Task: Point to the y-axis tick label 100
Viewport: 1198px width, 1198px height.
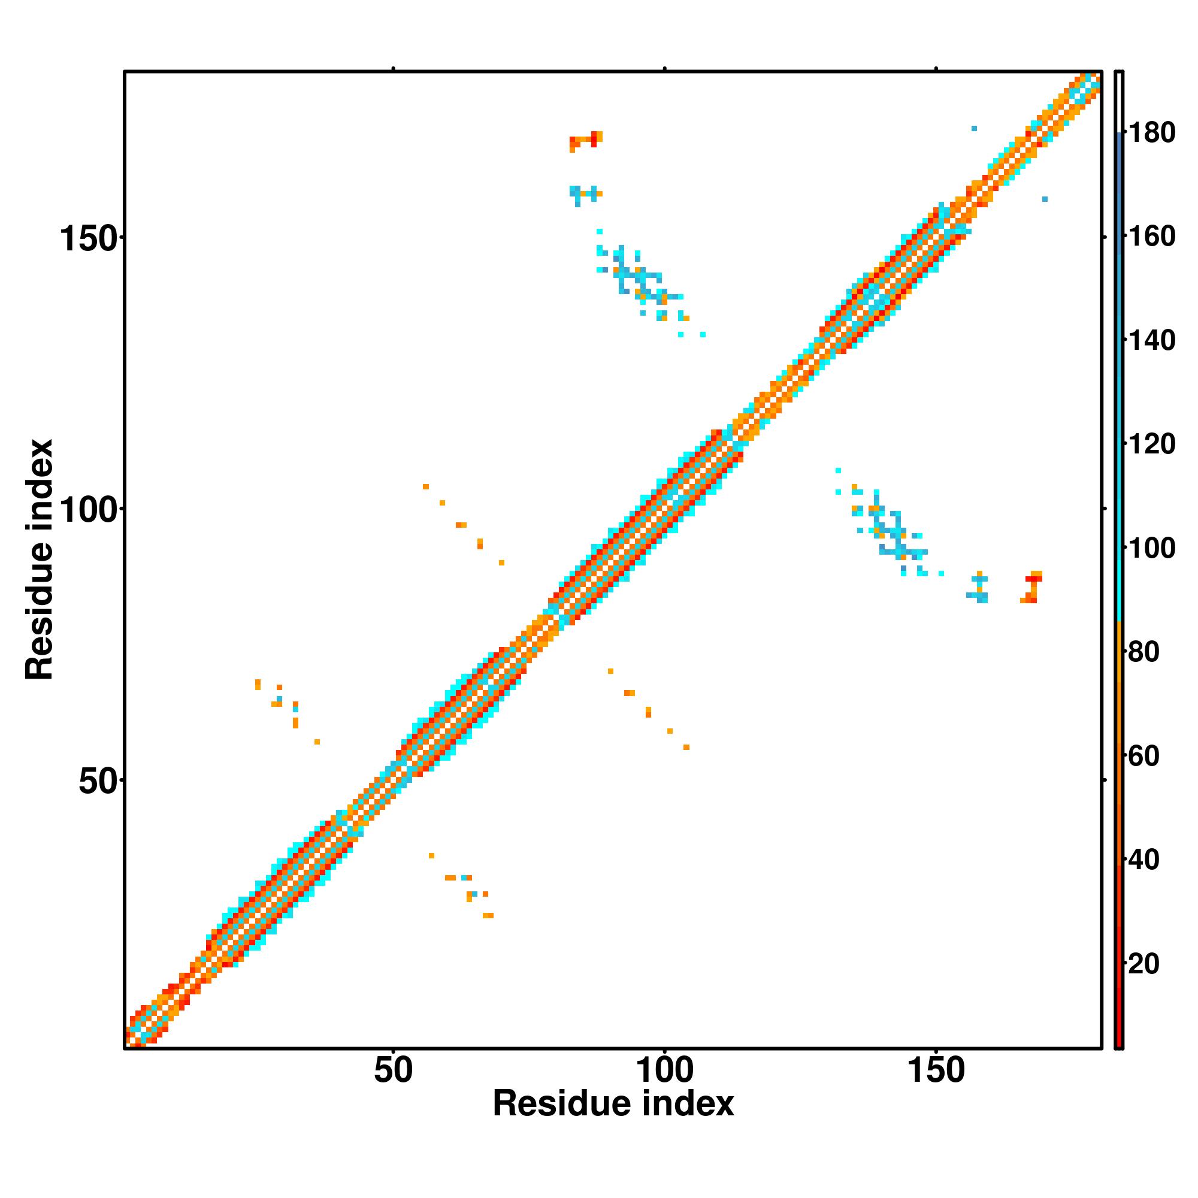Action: click(88, 510)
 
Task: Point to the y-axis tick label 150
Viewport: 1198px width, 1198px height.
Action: click(88, 240)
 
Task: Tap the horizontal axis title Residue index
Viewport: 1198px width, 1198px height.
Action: click(613, 1105)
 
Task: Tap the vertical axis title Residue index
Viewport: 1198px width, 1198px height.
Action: click(40, 559)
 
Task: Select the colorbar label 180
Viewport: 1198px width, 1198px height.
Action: click(1151, 134)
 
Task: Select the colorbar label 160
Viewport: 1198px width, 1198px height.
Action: click(1151, 237)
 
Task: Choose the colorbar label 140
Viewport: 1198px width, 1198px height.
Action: click(1151, 340)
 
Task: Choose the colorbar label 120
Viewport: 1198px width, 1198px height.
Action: click(1151, 444)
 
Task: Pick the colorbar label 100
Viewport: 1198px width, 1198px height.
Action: click(1151, 549)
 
